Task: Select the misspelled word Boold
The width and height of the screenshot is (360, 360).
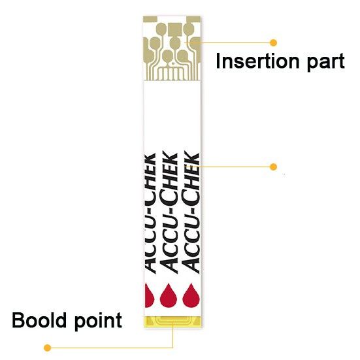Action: point(41,320)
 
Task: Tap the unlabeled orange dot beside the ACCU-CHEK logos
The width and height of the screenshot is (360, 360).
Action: point(273,167)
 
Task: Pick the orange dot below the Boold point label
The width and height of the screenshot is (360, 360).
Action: point(46,347)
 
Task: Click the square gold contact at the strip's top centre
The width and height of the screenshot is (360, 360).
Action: point(173,28)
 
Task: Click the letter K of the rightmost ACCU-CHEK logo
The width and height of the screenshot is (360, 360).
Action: point(192,157)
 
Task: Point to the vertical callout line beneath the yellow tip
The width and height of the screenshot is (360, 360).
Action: point(172,336)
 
